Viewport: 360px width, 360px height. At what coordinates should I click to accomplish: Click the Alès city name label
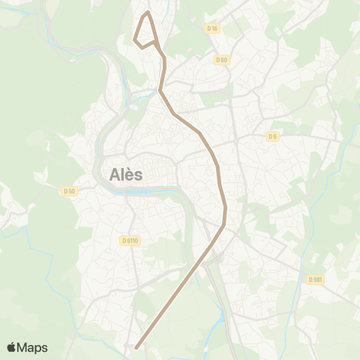click(126, 174)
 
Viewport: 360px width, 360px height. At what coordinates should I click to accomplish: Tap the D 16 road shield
click(211, 28)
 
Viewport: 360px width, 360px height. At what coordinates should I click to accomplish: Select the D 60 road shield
click(220, 60)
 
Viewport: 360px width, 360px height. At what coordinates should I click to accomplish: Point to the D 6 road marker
click(272, 136)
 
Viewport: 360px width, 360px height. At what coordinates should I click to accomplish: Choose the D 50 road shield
click(69, 190)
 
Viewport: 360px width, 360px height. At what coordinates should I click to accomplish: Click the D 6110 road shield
click(130, 241)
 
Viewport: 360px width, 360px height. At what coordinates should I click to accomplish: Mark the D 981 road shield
click(315, 280)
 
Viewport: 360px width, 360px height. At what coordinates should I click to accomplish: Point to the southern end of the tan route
click(136, 347)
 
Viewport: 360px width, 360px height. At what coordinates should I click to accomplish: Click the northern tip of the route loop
click(148, 12)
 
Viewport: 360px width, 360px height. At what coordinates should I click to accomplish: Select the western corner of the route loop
click(134, 40)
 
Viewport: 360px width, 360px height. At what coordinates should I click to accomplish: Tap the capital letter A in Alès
click(115, 174)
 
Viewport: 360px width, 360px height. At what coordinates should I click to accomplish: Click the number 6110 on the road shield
click(133, 241)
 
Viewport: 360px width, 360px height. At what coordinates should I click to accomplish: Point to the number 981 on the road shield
click(318, 280)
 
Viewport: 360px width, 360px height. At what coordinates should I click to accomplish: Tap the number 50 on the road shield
click(71, 190)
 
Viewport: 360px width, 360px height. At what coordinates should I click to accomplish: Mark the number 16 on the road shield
click(214, 28)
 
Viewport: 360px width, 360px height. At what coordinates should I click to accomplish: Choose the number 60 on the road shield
click(223, 60)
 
